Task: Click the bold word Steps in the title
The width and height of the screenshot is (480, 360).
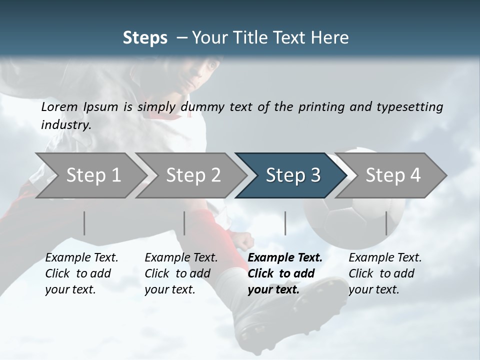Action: click(145, 38)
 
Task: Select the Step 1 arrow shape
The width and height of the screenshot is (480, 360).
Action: click(90, 175)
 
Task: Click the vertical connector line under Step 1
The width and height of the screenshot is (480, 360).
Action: click(84, 223)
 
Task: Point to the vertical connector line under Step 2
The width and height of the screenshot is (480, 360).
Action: click(184, 223)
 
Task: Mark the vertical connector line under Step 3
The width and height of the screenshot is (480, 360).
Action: click(285, 223)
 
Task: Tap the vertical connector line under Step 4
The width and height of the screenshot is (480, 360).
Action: click(386, 223)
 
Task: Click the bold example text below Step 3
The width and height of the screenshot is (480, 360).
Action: click(284, 273)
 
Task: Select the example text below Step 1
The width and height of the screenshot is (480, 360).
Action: click(81, 273)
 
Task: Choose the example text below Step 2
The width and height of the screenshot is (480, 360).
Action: click(180, 273)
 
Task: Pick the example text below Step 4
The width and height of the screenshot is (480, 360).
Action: click(384, 273)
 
